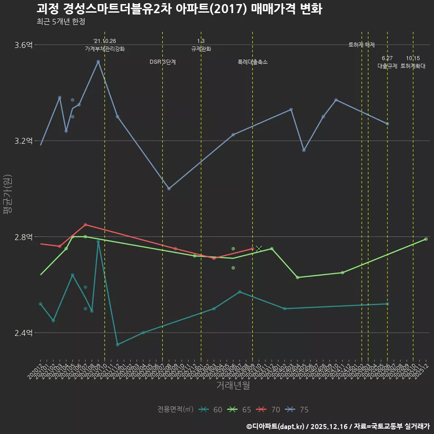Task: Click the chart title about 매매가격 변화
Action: (x=179, y=9)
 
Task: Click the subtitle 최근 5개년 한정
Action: (x=61, y=22)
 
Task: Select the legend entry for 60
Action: (x=211, y=410)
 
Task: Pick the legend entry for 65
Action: (x=240, y=410)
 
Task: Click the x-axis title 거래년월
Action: (x=233, y=386)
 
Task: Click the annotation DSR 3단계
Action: (x=163, y=62)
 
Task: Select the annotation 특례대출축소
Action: (x=253, y=62)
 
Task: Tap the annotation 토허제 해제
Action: (x=362, y=45)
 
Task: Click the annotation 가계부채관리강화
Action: (x=104, y=49)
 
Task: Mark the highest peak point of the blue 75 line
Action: (x=98, y=61)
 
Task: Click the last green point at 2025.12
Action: (x=426, y=239)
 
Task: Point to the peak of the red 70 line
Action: (x=85, y=225)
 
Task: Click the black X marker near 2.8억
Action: (x=259, y=249)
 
